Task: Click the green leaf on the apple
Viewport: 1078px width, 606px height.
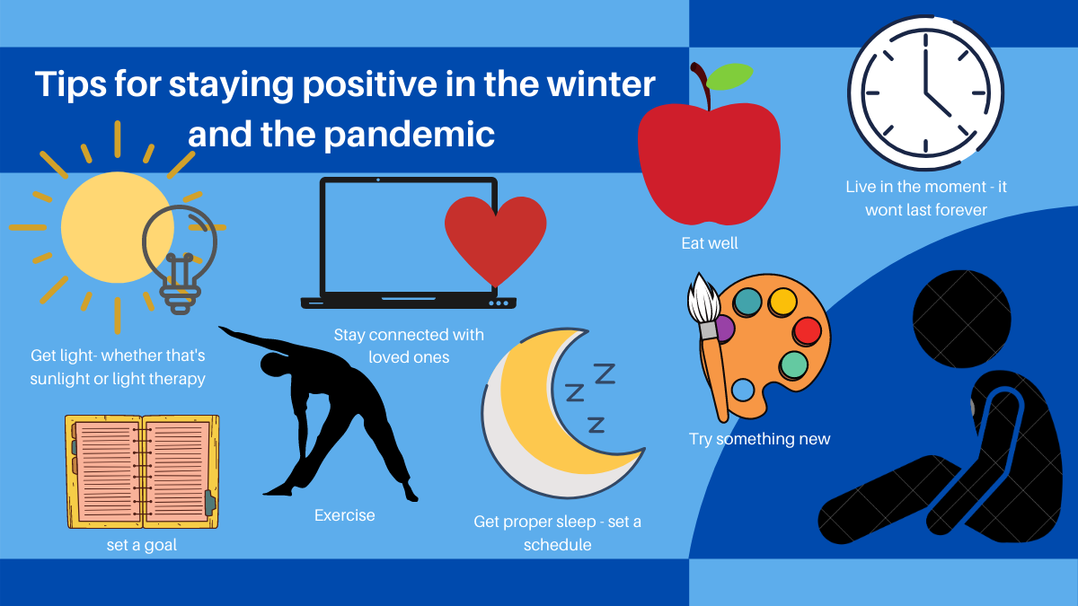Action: (x=729, y=76)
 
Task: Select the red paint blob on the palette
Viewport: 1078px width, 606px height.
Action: (x=807, y=331)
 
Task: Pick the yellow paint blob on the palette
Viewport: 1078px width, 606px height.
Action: (x=782, y=302)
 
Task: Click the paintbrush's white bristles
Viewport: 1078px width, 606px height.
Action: (x=703, y=299)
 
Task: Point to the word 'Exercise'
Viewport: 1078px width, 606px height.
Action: (x=345, y=515)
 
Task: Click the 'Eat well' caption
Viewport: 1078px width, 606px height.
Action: (x=710, y=243)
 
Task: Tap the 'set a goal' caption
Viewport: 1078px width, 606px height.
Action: (x=142, y=545)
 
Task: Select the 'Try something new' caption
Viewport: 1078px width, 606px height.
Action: (x=759, y=439)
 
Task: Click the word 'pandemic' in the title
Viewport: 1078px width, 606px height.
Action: (x=409, y=135)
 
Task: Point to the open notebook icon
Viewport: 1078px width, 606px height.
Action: (x=142, y=472)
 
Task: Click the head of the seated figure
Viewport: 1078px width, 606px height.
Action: (x=961, y=319)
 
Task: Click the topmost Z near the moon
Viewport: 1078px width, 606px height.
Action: (x=605, y=373)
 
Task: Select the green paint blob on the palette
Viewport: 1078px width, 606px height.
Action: (x=794, y=365)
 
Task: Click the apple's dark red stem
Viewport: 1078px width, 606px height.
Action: (x=702, y=85)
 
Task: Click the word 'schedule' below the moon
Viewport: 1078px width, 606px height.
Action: (x=557, y=545)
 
